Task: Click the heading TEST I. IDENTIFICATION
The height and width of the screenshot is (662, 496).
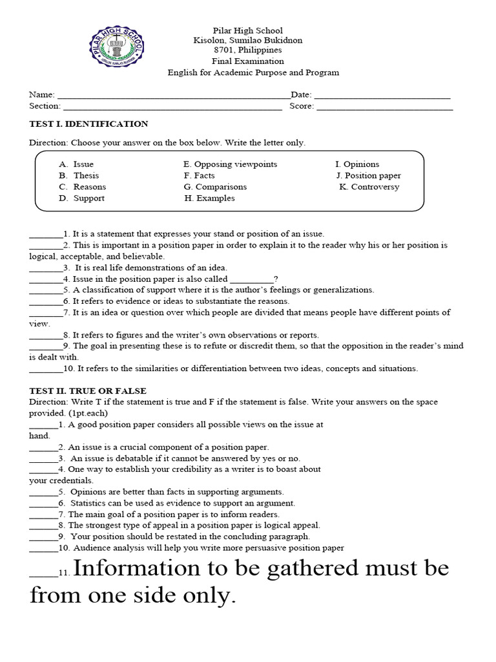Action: click(88, 124)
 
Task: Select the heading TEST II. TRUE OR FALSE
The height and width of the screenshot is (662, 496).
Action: click(88, 391)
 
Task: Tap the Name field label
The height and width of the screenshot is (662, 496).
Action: click(41, 95)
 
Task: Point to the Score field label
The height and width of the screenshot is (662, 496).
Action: click(302, 106)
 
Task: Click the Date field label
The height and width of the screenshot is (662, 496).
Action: click(301, 95)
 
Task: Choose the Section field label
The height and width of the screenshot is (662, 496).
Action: click(45, 106)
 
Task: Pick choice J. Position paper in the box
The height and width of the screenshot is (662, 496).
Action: click(368, 176)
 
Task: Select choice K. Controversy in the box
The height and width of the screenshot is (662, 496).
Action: click(369, 187)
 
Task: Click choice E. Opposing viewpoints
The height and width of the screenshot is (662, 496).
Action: click(230, 164)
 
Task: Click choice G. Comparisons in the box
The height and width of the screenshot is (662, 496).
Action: click(215, 187)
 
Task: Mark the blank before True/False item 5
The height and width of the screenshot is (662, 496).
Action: click(43, 492)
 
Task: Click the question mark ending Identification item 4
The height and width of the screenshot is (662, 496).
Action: click(276, 279)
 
